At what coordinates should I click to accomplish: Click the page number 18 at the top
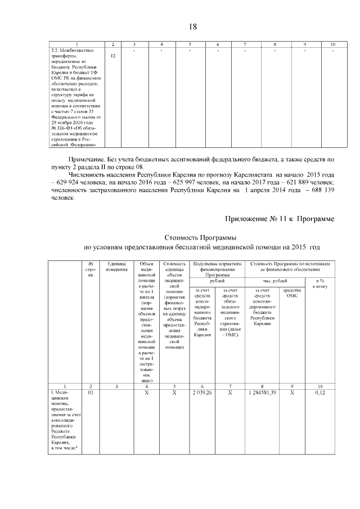(x=192, y=26)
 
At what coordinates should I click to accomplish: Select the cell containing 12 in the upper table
(x=114, y=56)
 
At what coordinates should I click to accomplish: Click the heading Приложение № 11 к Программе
(x=280, y=218)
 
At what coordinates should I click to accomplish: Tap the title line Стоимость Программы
(x=200, y=238)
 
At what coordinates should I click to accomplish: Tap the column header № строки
(x=91, y=267)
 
